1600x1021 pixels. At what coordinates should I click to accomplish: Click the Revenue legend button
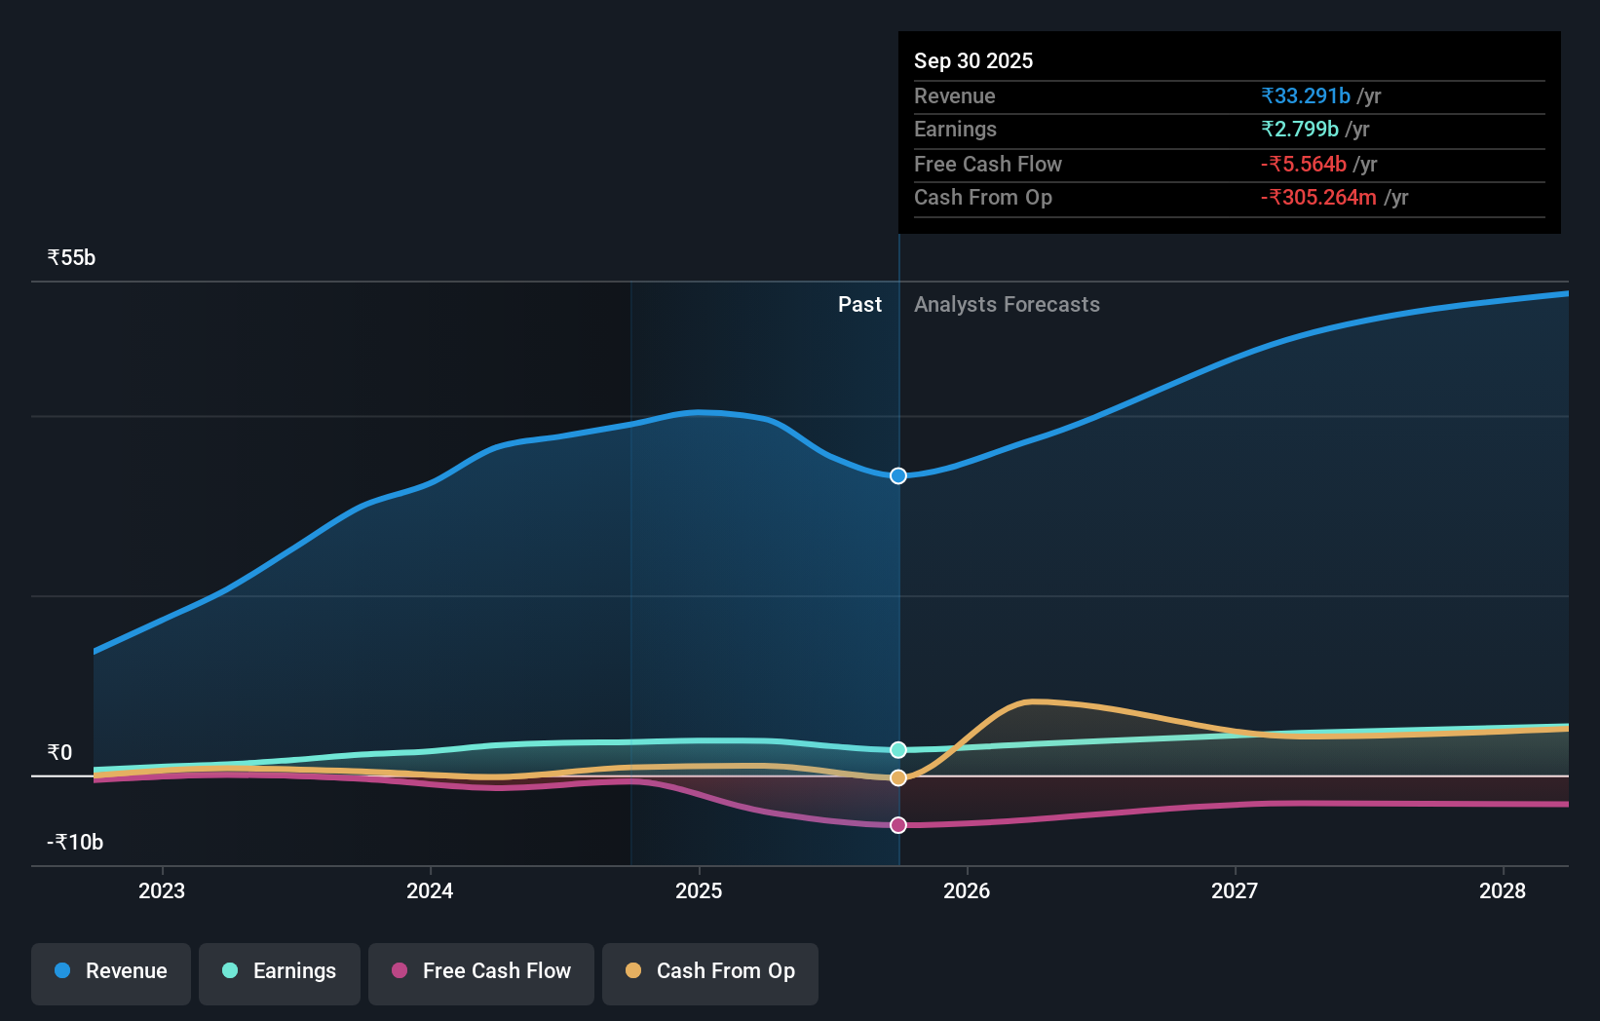111,971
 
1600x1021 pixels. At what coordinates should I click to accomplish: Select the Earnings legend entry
280,971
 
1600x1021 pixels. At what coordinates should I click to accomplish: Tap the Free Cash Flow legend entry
481,971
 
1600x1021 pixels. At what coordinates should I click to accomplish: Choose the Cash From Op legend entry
710,971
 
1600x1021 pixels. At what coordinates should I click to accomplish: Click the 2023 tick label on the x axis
162,890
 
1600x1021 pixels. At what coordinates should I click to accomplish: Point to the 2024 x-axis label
430,890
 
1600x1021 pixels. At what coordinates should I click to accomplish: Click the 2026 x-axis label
967,890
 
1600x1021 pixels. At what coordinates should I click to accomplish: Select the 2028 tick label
1503,890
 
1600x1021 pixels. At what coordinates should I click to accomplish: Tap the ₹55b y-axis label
71,258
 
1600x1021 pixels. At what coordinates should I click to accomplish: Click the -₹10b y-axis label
75,843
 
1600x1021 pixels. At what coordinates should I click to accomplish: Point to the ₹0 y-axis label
59,753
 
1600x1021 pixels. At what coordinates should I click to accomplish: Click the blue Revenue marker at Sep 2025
898,475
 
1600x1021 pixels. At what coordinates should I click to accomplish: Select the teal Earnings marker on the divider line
898,749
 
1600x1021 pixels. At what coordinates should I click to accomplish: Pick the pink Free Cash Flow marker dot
898,825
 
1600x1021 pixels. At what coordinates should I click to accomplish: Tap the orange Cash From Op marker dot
898,777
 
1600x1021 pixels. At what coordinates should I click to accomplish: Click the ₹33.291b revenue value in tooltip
1305,96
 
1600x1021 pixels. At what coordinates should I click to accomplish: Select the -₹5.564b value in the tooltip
1303,165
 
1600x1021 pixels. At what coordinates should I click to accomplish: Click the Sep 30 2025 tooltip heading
972,61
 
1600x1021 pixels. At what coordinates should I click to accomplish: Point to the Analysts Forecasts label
1007,305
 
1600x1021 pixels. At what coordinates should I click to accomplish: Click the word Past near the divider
859,305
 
